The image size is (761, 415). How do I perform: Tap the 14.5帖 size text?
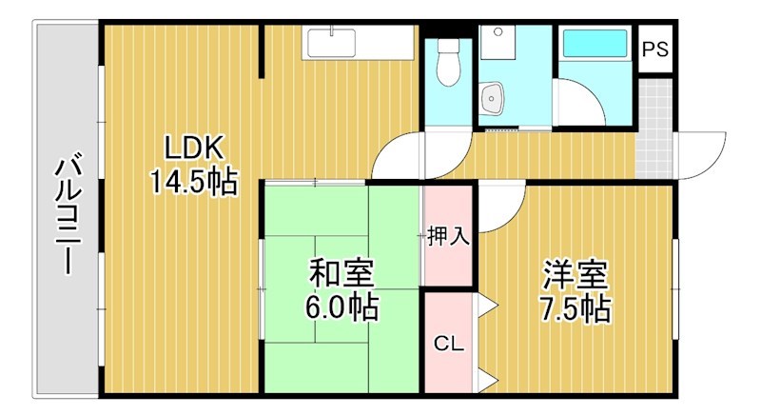(x=193, y=181)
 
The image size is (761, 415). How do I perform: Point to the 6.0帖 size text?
(x=341, y=306)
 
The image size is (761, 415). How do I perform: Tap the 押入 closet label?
(x=448, y=235)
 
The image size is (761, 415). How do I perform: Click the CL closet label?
(x=448, y=344)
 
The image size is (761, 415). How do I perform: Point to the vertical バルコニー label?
(x=68, y=215)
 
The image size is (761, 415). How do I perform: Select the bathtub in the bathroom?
(x=594, y=45)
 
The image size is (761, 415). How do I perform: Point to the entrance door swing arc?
(x=699, y=153)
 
